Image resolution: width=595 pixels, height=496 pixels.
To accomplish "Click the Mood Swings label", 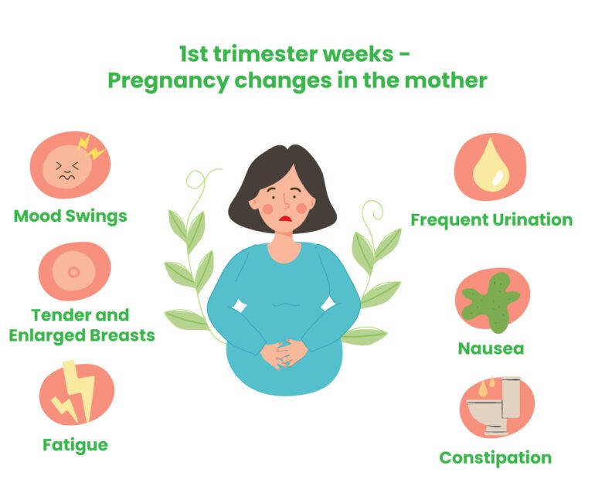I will [x=70, y=215].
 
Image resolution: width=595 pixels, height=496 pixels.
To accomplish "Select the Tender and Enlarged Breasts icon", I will [x=74, y=271].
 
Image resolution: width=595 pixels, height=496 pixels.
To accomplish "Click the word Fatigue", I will [x=75, y=444].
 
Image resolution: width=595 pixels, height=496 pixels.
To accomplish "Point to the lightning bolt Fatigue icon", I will [x=76, y=394].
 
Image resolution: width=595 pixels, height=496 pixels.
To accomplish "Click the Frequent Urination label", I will [x=491, y=219].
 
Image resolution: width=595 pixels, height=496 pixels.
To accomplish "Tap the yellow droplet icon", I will [x=489, y=166].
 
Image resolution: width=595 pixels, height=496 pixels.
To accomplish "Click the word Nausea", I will [x=491, y=348].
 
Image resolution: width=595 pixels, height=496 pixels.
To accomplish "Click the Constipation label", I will [x=495, y=457].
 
